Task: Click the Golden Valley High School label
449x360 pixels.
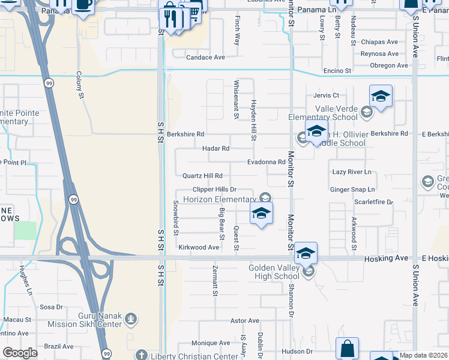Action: (274, 272)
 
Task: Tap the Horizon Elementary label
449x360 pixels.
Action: (219, 199)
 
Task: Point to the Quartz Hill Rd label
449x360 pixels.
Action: (202, 176)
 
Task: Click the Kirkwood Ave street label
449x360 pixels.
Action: (199, 247)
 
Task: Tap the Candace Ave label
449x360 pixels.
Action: (205, 58)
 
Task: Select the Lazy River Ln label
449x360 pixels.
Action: (352, 172)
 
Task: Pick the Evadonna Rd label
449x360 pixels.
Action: (266, 162)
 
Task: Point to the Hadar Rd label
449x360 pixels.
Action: (215, 148)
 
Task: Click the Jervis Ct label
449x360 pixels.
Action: (326, 95)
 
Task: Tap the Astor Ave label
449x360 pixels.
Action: (245, 321)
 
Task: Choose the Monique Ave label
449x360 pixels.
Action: (211, 343)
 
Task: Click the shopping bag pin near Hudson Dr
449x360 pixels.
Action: (347, 348)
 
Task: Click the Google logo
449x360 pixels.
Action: (20, 353)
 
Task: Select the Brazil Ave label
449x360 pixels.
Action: (59, 346)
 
